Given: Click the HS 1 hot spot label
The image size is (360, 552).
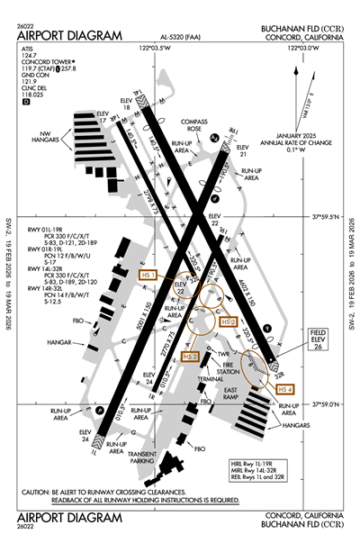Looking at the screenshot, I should pos(146,274).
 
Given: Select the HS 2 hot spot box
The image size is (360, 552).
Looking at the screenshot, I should pos(190,357).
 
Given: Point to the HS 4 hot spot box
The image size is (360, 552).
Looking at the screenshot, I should pos(285,388).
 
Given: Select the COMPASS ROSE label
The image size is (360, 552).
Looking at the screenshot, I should pos(193,125).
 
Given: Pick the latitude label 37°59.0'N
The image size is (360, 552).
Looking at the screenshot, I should pos(321,404).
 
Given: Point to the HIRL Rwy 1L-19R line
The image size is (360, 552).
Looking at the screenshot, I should pos(263,462).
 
